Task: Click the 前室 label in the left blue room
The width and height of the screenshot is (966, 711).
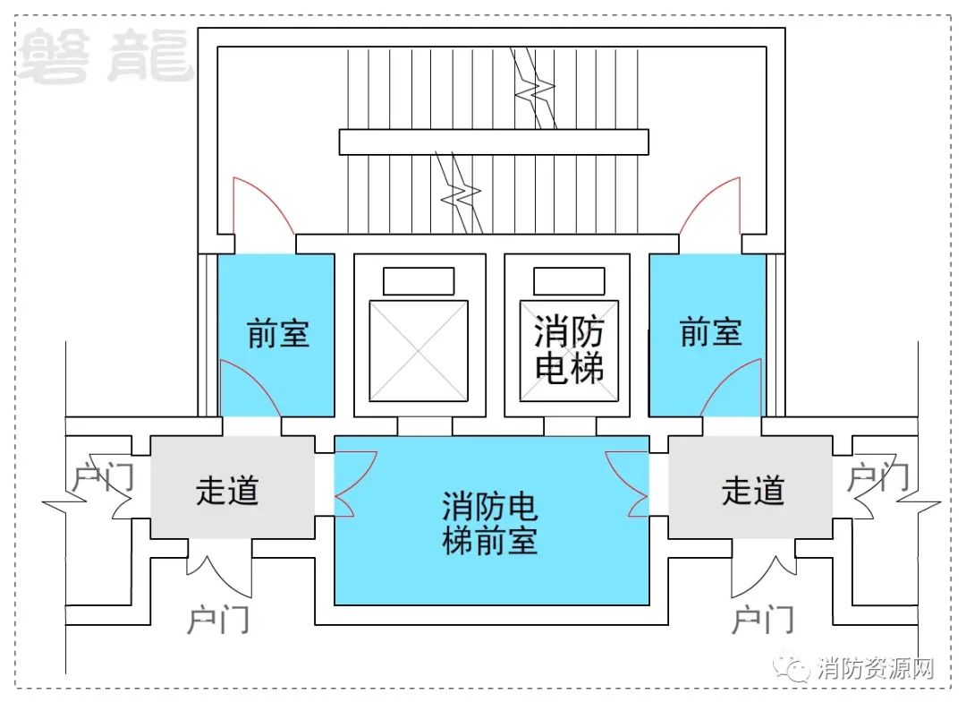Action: (278, 333)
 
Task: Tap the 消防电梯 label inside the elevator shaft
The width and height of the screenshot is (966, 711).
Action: (569, 349)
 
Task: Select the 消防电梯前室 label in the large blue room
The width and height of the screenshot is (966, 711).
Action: (490, 524)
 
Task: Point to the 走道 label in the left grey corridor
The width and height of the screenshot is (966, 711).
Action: (226, 491)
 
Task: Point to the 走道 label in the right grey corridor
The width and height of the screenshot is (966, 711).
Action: (753, 491)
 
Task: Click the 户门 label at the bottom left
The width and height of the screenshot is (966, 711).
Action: (218, 620)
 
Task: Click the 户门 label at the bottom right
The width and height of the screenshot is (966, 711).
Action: (763, 620)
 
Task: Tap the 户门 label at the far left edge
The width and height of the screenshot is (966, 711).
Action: (102, 477)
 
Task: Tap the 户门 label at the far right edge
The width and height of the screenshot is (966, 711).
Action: (878, 477)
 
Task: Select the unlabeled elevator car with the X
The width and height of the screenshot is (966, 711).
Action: (419, 350)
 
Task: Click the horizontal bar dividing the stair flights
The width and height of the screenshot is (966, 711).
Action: (494, 141)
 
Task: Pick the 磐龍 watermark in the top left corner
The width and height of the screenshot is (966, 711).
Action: (104, 56)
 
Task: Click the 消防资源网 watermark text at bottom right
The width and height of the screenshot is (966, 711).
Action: (876, 668)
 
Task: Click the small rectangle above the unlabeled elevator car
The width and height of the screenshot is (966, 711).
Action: (419, 281)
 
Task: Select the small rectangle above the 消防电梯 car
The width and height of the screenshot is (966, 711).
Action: (569, 281)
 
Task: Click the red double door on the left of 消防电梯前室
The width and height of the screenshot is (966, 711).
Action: (355, 484)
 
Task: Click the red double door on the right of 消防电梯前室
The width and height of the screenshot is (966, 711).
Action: (627, 484)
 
